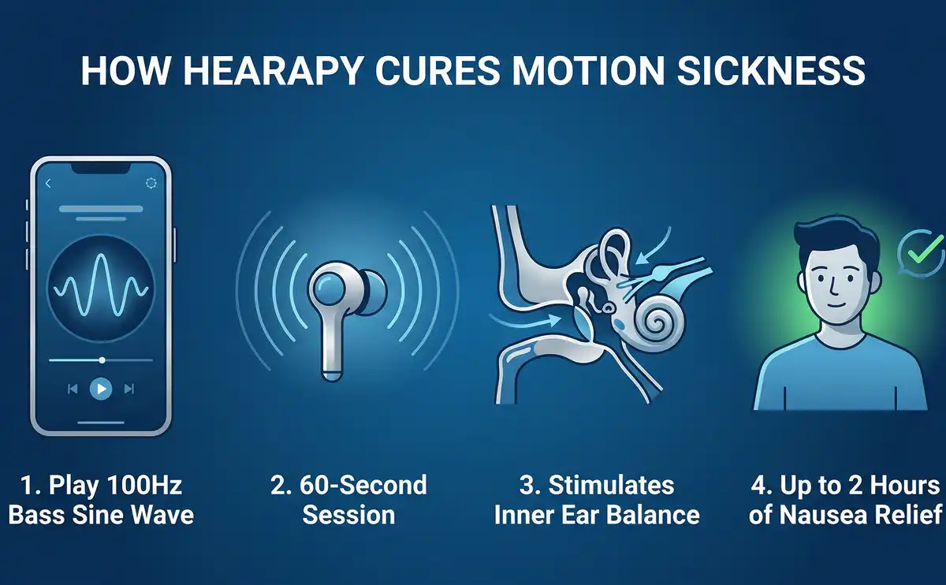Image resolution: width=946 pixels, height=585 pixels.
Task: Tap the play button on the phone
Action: tap(101, 389)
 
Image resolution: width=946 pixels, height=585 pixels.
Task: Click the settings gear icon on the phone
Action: tap(151, 184)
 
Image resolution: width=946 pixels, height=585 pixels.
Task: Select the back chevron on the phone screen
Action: tap(48, 184)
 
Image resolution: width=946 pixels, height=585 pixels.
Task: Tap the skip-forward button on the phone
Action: tap(129, 389)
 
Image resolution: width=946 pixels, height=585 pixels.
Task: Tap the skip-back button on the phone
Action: tap(73, 389)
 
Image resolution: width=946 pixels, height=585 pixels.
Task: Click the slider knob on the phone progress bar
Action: tap(102, 360)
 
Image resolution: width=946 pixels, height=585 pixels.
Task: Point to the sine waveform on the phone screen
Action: tap(101, 285)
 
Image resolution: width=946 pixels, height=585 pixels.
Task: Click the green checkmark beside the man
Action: tap(925, 251)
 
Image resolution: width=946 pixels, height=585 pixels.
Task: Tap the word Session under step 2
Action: tap(348, 515)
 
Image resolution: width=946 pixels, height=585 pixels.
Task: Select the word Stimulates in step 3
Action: tap(611, 485)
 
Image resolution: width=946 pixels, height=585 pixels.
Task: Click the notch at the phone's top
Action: tap(101, 168)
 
